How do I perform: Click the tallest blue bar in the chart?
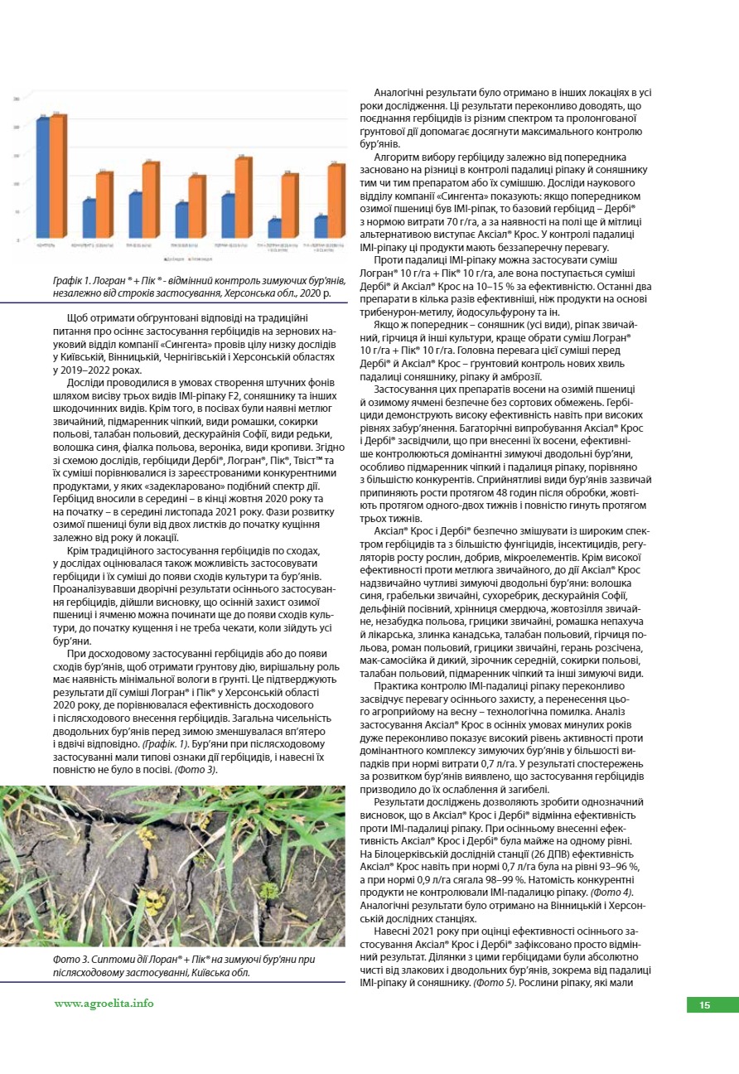pos(42,178)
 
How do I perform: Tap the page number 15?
pos(705,1005)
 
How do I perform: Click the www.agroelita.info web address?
pos(104,1004)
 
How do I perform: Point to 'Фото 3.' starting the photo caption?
pos(71,959)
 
